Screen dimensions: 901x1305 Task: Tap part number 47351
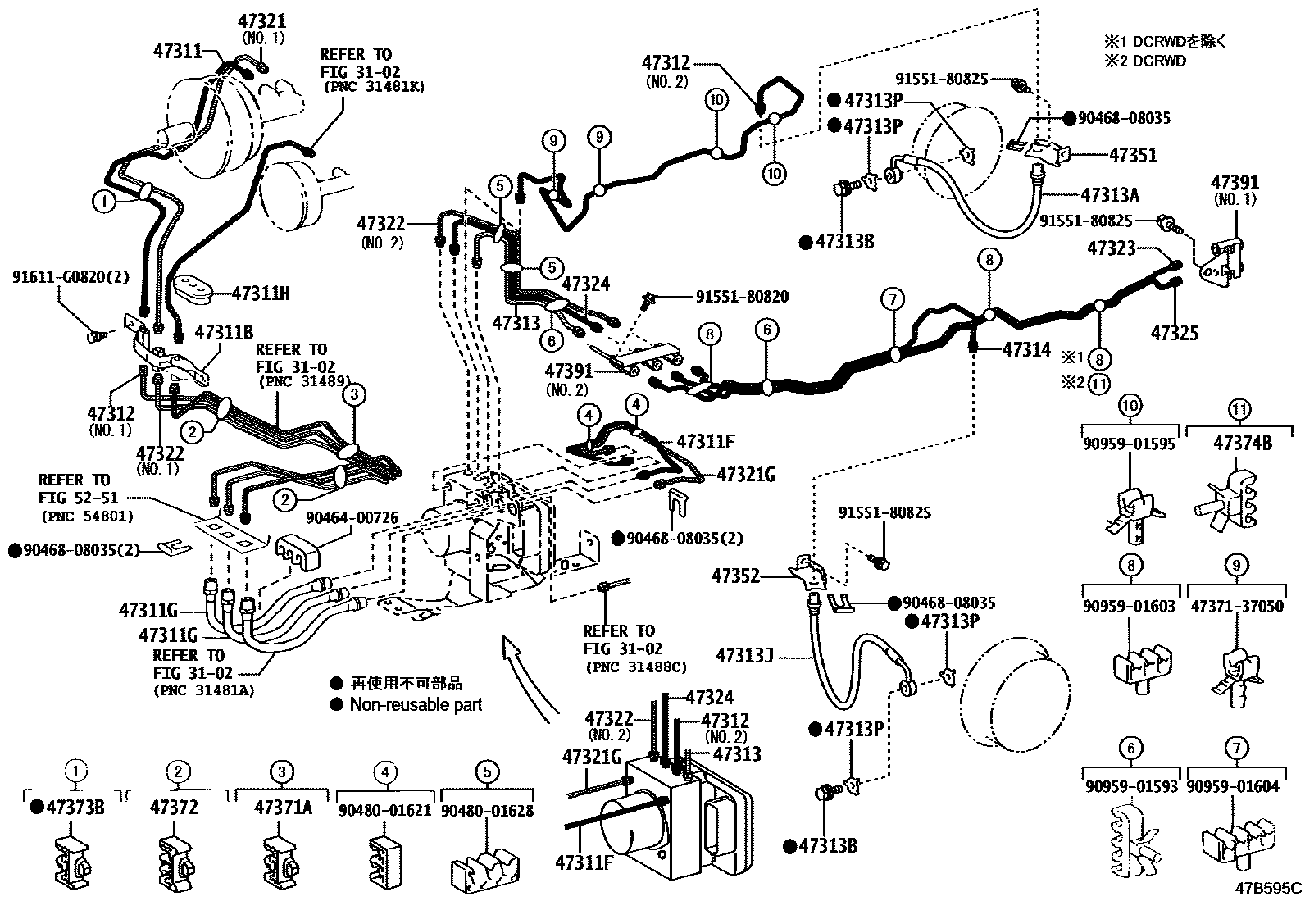pyautogui.click(x=1133, y=155)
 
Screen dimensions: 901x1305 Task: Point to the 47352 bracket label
pyautogui.click(x=736, y=576)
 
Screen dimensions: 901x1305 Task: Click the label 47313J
pyautogui.click(x=744, y=655)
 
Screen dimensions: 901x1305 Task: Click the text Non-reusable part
pyautogui.click(x=416, y=704)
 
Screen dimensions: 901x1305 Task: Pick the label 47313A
pyautogui.click(x=1111, y=194)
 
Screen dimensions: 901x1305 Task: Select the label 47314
pyautogui.click(x=1025, y=350)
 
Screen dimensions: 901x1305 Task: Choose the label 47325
pyautogui.click(x=1174, y=333)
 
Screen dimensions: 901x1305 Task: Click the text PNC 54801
pyautogui.click(x=86, y=516)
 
